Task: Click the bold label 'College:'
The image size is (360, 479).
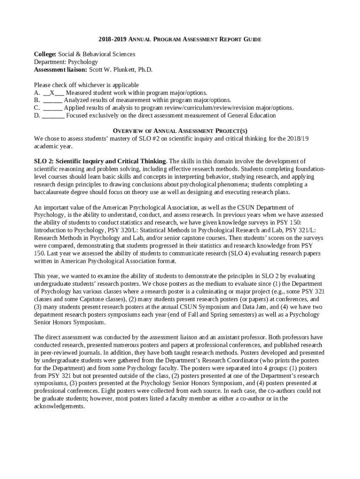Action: pyautogui.click(x=45, y=55)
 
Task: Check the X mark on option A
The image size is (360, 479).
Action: pyautogui.click(x=52, y=93)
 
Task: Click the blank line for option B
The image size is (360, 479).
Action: pyautogui.click(x=53, y=100)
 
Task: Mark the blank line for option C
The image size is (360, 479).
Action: pyautogui.click(x=53, y=108)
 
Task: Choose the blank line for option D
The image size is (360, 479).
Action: pyautogui.click(x=54, y=115)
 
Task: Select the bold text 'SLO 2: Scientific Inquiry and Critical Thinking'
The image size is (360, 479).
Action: pyautogui.click(x=100, y=161)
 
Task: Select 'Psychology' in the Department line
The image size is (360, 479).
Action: pyautogui.click(x=83, y=62)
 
